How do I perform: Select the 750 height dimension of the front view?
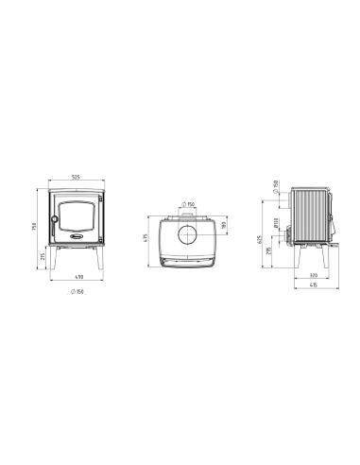(x=37, y=227)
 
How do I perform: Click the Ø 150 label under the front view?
(x=76, y=290)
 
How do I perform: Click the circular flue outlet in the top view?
(x=186, y=231)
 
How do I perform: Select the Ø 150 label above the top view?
(x=187, y=204)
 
